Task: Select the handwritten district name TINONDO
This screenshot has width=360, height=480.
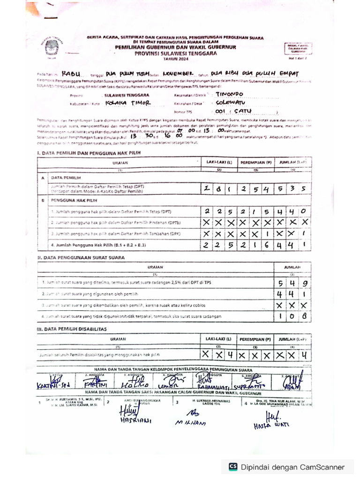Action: (229, 94)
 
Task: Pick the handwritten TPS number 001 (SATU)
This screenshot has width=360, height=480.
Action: (235, 112)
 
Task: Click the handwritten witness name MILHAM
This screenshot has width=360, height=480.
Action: (191, 422)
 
